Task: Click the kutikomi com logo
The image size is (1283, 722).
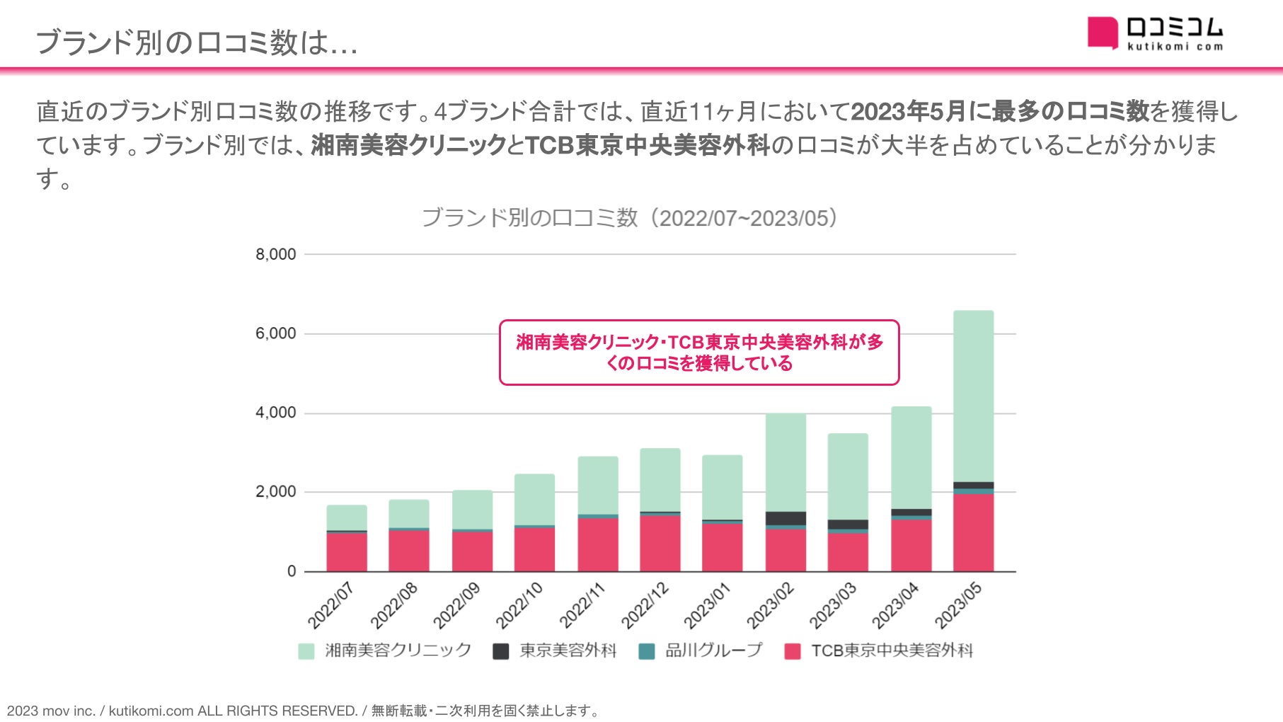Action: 1155,33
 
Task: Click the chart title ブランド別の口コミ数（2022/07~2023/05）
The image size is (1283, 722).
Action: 629,218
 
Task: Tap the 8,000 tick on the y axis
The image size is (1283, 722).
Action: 276,255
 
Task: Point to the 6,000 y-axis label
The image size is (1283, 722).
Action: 276,334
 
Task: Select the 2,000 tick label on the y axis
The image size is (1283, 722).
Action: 276,492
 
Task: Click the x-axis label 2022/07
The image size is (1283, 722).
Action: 330,605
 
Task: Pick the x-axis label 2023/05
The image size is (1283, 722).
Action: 958,605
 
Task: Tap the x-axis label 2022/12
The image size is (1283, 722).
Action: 645,605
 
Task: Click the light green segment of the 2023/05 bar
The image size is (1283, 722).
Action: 973,396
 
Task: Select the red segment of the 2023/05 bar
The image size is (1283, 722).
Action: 973,532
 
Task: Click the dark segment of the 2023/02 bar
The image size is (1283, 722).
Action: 786,518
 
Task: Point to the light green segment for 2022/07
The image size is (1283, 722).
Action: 347,517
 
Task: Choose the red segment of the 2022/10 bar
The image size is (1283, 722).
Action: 534,549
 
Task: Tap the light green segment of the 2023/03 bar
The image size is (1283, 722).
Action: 848,476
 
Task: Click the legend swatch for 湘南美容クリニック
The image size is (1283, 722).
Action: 306,651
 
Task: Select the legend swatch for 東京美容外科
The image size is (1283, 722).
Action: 500,651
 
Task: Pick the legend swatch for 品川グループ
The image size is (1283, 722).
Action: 646,651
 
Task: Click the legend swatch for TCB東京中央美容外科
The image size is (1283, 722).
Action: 793,651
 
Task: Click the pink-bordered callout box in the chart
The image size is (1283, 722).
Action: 699,353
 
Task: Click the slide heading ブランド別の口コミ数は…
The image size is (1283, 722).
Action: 197,42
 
